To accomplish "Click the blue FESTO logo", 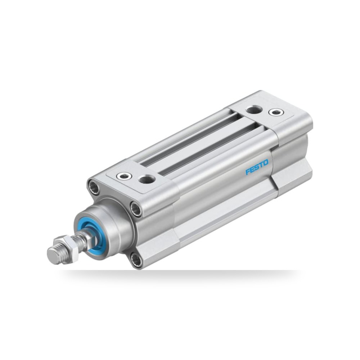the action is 257,167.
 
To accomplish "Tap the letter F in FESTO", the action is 248,172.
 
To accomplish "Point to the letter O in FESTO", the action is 265,163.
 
